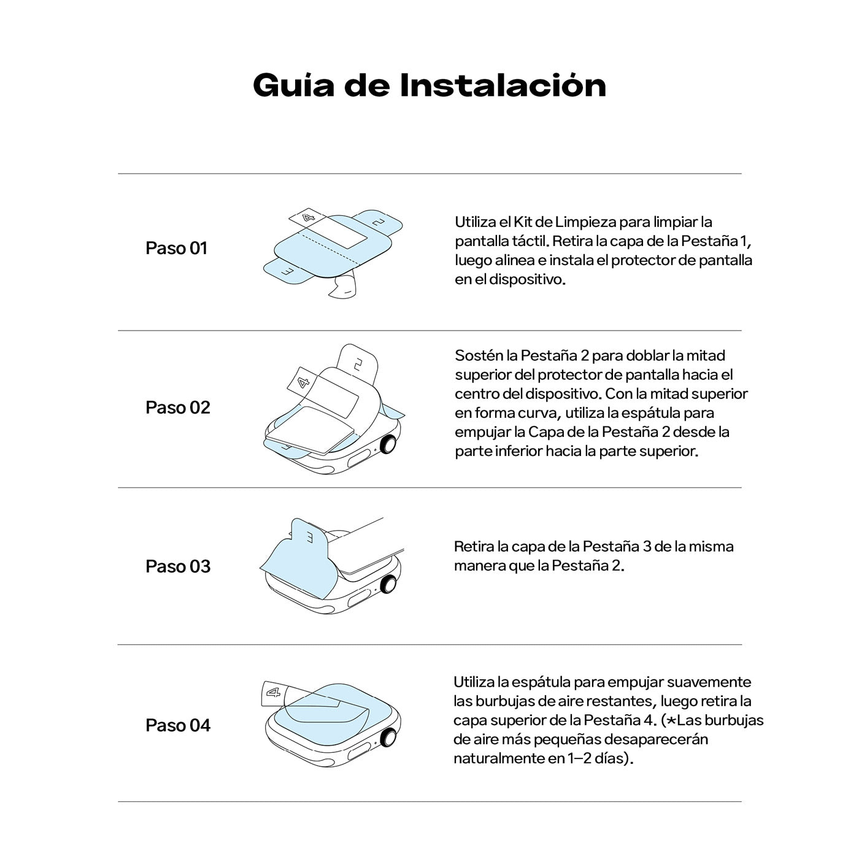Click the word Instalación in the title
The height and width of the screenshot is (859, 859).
pos(503,85)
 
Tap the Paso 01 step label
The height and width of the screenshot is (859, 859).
pos(177,248)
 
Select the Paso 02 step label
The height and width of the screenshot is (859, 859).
pos(178,407)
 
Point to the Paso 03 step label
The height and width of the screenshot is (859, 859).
pos(178,566)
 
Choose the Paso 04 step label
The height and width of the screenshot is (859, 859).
pos(178,725)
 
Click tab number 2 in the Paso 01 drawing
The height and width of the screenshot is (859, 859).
pos(379,221)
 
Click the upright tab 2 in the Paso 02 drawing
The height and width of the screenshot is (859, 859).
pos(358,364)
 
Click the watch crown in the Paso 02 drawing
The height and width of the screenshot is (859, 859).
pos(388,444)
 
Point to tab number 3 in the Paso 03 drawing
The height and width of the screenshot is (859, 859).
pos(309,537)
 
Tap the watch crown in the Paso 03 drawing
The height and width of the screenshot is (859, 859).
pos(388,584)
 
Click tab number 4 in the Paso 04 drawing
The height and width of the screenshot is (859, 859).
pos(274,692)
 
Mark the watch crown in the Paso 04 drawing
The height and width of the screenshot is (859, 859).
pos(388,737)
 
